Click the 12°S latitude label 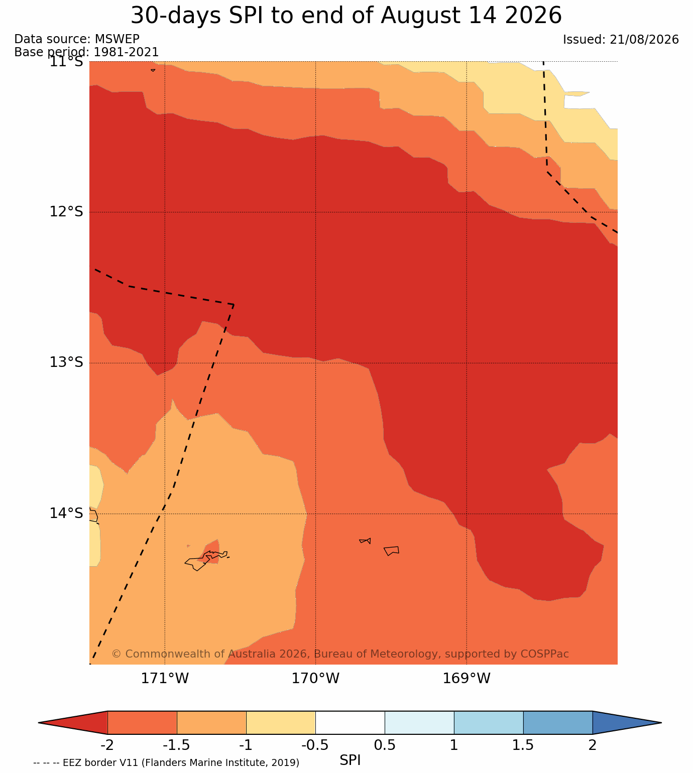coord(66,211)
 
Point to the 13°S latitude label coord(66,362)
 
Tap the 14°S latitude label coord(66,513)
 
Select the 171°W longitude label coord(165,678)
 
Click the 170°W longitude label coord(315,678)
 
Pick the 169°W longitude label coord(466,678)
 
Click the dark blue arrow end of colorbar coord(627,722)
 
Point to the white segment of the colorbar coord(350,722)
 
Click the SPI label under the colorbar coord(350,760)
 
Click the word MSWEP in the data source coord(117,39)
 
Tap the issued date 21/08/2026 coord(644,39)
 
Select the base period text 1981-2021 coord(126,52)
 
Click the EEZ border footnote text coord(166,762)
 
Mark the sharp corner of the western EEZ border coord(234,304)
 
